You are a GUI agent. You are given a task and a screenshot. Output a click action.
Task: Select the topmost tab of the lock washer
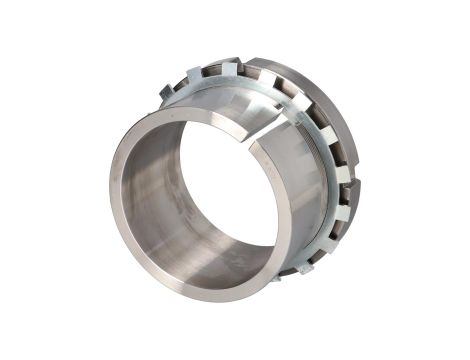pyautogui.click(x=229, y=68)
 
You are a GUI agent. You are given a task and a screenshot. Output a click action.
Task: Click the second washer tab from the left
pyautogui.click(x=193, y=74)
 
